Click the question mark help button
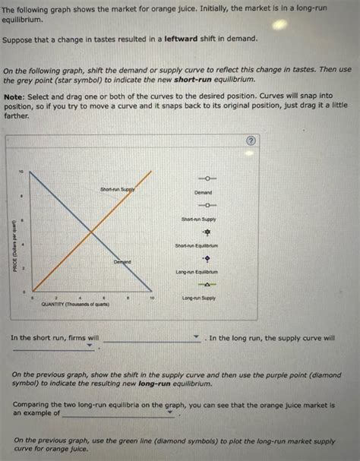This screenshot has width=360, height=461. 251,142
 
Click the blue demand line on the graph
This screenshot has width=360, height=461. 61,200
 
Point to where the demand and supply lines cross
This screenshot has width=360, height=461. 91,231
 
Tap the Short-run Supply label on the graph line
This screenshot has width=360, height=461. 118,188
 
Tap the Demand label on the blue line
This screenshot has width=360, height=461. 122,261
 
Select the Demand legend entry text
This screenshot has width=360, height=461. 203,192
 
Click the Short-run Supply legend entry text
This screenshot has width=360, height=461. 199,219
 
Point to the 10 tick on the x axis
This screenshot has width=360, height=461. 153,298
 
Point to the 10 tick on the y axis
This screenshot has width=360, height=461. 22,172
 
